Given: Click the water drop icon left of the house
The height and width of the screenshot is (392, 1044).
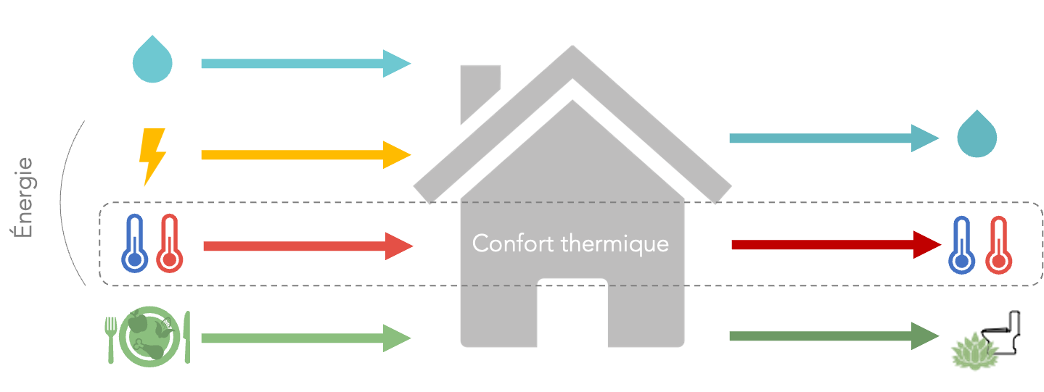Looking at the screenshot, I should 153,61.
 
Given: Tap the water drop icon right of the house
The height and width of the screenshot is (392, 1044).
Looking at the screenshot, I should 977,135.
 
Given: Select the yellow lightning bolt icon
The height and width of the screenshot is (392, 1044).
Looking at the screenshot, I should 152,155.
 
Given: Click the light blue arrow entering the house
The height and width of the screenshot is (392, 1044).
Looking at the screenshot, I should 305,63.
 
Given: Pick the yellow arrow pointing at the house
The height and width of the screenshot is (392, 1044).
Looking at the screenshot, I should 305,155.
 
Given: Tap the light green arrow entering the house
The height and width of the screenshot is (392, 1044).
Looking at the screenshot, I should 305,338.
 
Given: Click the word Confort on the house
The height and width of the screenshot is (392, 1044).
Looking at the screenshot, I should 507,243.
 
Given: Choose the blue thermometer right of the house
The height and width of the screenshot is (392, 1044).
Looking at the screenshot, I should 962,246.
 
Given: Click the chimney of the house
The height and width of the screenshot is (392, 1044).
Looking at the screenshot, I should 479,91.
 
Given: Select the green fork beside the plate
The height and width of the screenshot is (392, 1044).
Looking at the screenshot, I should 111,338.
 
